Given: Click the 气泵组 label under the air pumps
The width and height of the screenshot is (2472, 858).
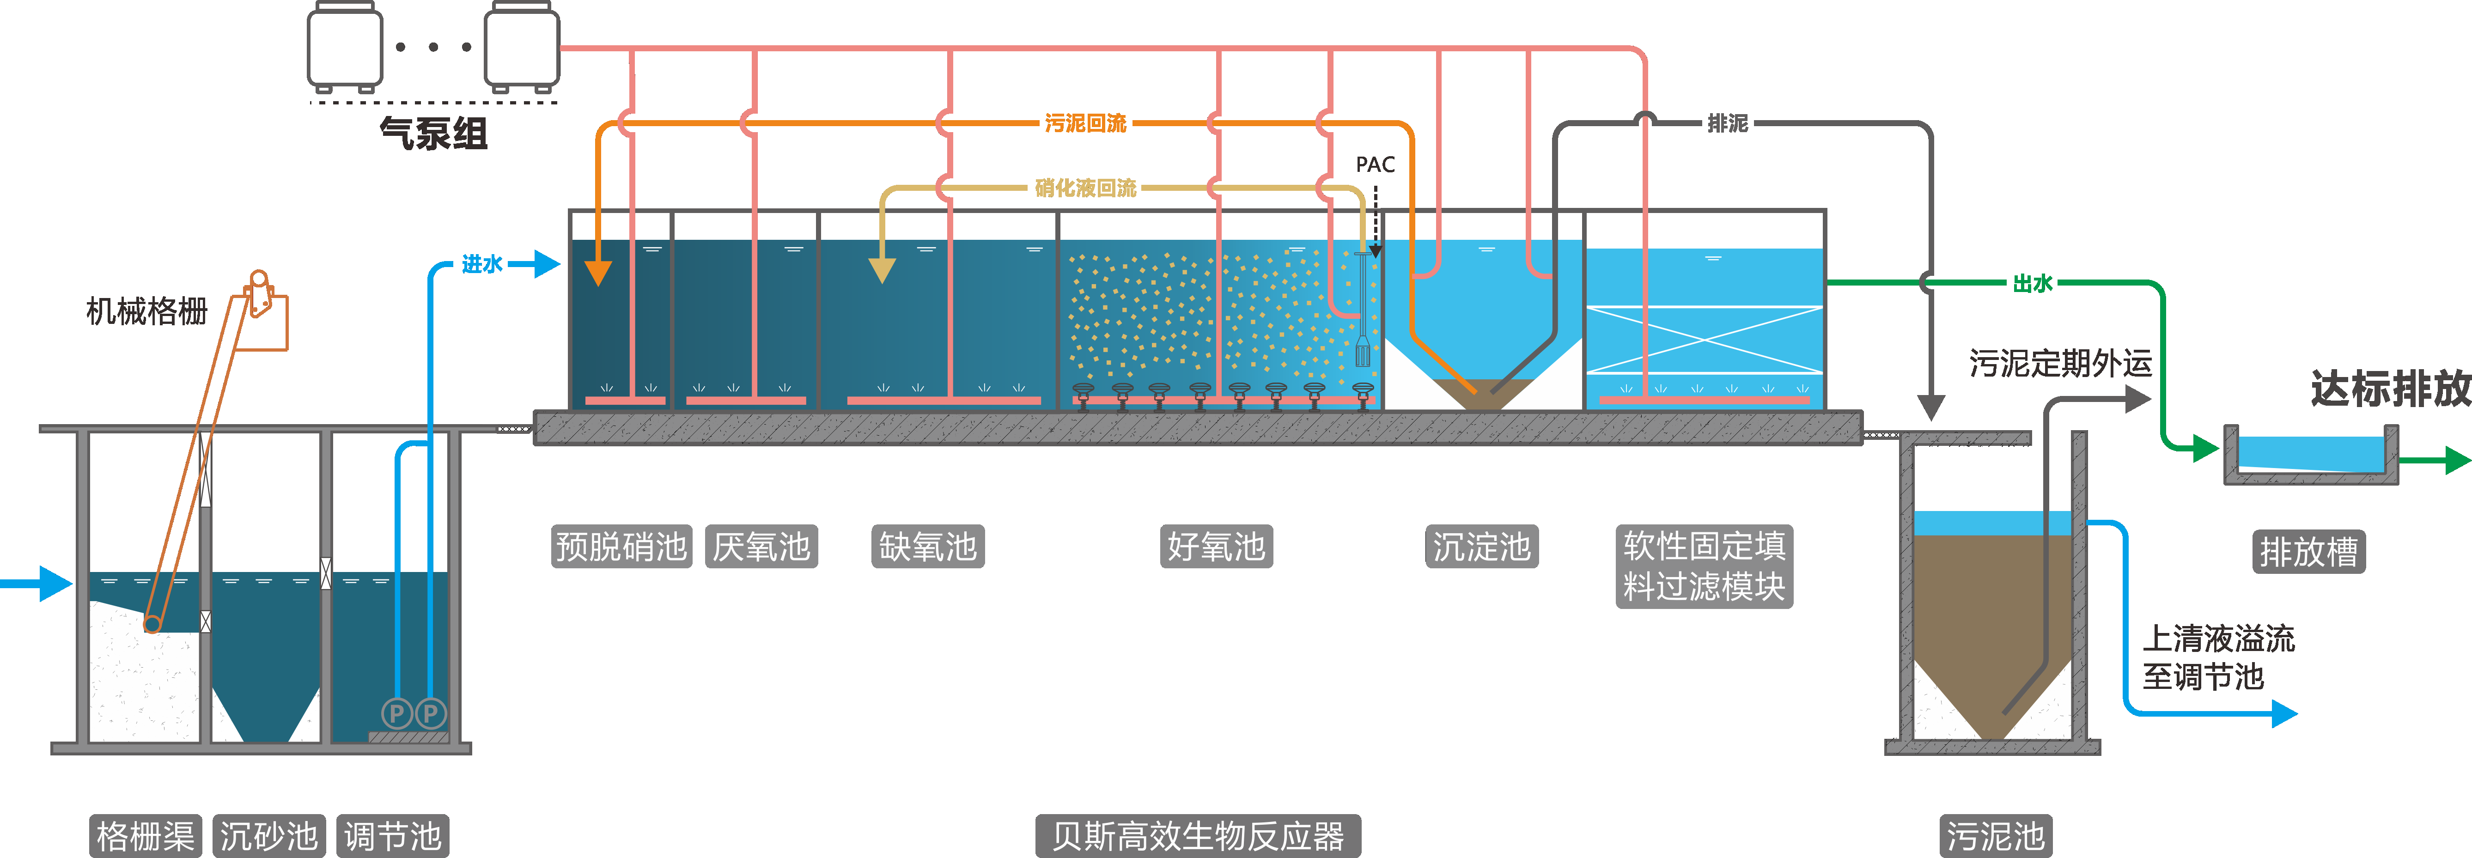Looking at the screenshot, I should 434,134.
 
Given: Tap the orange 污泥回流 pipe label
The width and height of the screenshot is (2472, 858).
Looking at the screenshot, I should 1085,123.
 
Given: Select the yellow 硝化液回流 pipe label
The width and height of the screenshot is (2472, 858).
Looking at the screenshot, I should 1085,188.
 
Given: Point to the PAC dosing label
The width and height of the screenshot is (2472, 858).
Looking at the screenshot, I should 1375,165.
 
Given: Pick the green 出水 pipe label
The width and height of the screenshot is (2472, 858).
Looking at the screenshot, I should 2033,283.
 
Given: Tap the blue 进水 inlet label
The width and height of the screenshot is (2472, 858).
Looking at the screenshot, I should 482,264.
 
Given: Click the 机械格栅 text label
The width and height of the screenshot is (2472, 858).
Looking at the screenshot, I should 147,311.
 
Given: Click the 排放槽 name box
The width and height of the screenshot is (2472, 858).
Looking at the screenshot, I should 2309,552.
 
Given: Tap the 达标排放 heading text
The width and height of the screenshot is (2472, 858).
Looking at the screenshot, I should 2389,389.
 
